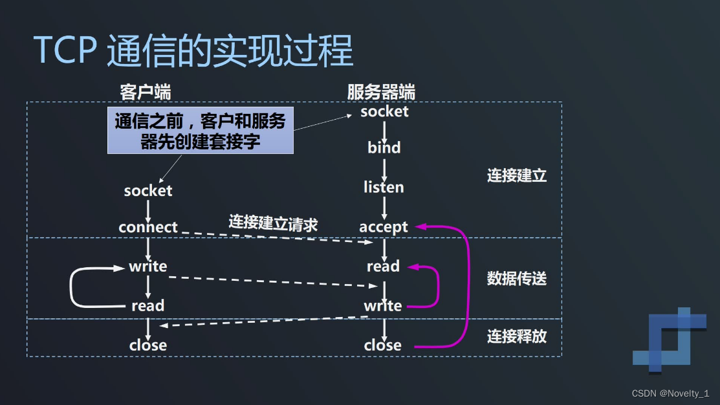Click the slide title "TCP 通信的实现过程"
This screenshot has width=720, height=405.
193,50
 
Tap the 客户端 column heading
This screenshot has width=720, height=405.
146,92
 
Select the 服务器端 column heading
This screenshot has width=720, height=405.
381,92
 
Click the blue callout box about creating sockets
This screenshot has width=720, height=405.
200,131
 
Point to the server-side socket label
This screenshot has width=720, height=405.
384,111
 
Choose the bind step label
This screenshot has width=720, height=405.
384,148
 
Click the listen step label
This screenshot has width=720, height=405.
384,187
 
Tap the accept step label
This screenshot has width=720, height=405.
384,227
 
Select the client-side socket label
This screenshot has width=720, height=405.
148,191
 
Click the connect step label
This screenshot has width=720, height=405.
148,227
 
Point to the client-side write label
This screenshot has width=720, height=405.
148,267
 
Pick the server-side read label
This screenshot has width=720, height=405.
383,267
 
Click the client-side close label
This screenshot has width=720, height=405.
148,345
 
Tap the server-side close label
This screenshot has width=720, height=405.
383,345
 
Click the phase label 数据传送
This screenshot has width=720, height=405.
517,278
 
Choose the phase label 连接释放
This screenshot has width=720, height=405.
517,336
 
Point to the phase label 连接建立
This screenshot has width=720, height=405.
517,175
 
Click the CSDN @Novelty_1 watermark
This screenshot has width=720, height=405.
670,393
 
